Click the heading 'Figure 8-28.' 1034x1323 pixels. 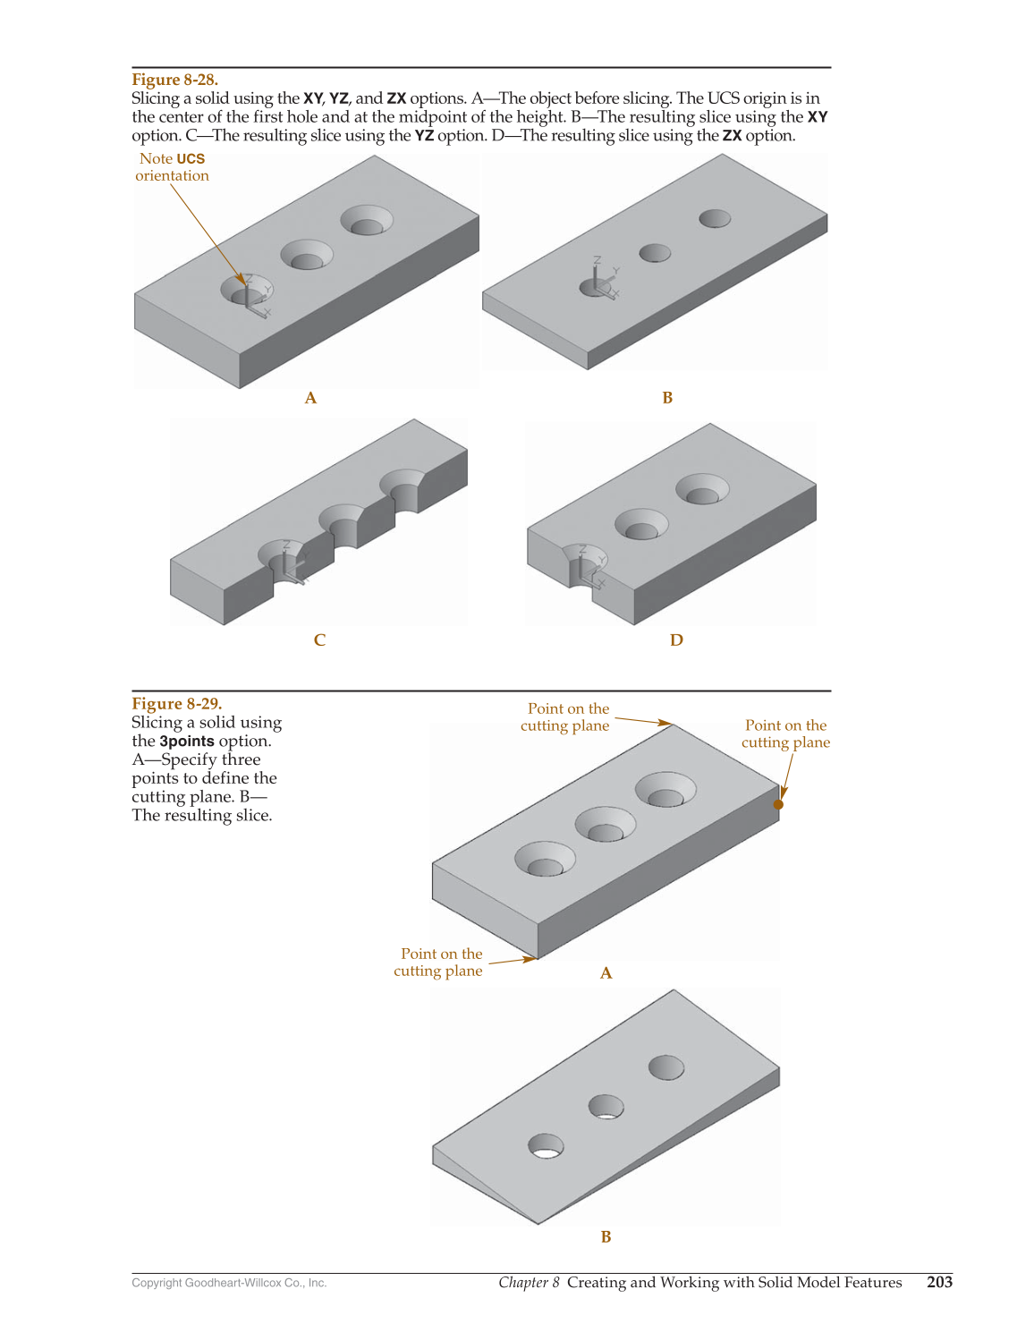pos(174,80)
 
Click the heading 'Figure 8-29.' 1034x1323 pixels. pos(176,703)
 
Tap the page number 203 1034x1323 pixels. pos(939,1282)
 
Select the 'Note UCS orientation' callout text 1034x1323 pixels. pos(173,166)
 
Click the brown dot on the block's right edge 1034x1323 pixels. pos(778,804)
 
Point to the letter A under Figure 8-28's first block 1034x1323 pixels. pos(310,397)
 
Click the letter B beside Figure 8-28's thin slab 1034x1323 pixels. pos(667,397)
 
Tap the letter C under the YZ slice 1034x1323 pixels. pos(319,640)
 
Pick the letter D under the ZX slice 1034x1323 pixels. pos(676,640)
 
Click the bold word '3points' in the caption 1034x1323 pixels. pos(187,741)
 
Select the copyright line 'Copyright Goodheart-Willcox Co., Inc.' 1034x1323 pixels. pos(229,1283)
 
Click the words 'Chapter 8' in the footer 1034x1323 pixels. pos(529,1282)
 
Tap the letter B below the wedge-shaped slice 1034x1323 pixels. pos(606,1236)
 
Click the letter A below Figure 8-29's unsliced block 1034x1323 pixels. pos(606,973)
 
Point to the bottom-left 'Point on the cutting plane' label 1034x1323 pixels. pos(438,962)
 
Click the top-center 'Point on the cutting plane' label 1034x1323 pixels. pos(564,717)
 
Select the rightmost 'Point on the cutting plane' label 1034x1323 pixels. pos(785,734)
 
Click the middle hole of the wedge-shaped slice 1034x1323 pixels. pos(606,1107)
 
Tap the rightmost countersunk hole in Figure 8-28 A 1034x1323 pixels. pos(367,220)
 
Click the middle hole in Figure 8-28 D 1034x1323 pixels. pos(641,524)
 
